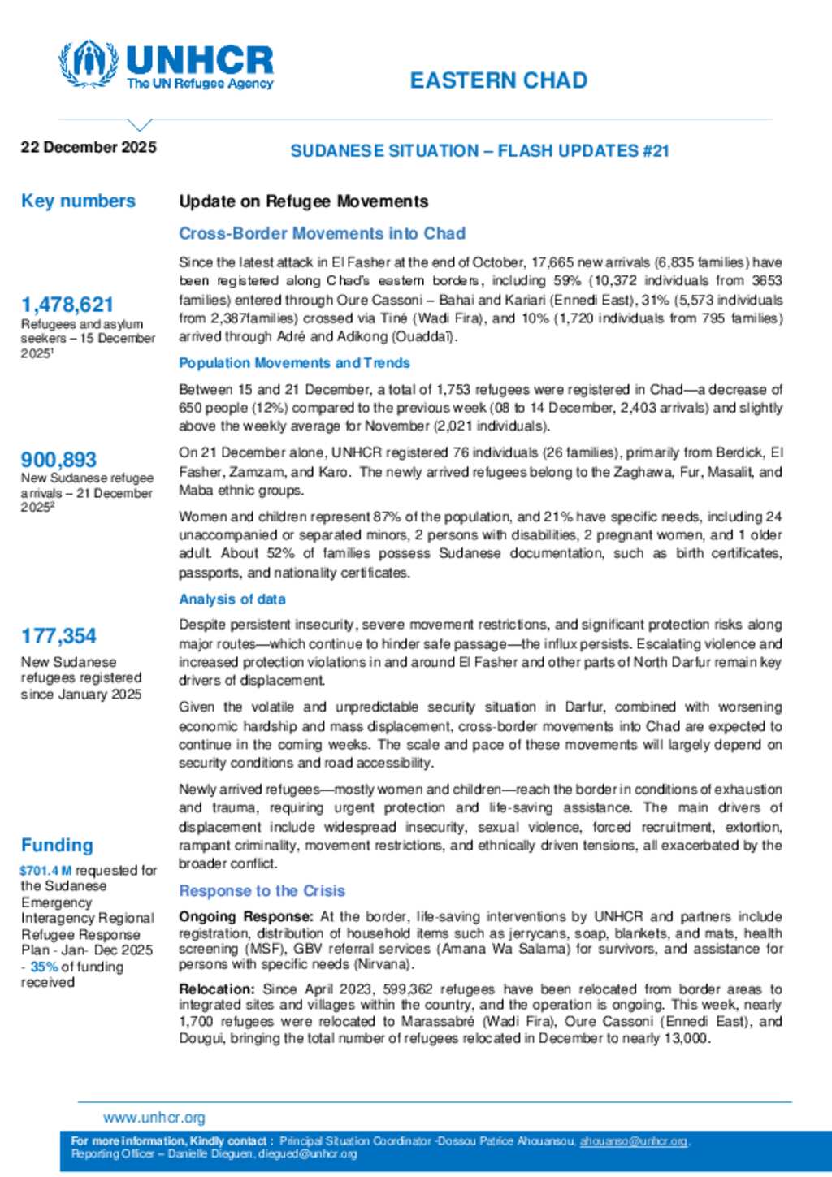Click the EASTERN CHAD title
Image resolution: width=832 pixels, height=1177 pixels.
pos(498,80)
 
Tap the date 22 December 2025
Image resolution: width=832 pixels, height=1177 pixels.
pos(89,147)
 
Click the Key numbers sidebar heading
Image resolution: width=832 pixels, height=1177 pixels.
pos(78,201)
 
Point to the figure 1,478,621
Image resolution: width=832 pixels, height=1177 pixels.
pos(67,305)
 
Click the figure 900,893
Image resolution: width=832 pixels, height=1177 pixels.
pos(58,460)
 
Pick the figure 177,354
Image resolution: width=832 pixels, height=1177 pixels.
pos(58,636)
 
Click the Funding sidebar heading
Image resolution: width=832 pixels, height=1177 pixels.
pos(57,845)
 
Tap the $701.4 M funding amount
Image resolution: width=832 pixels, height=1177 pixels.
pos(45,871)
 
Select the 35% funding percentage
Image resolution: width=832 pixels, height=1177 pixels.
pos(44,967)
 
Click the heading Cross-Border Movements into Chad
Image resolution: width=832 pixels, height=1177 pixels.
pos(322,233)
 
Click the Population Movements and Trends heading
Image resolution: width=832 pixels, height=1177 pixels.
pos(294,363)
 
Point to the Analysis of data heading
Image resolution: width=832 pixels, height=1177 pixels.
pos(232,599)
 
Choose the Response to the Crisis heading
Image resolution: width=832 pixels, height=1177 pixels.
pos(262,891)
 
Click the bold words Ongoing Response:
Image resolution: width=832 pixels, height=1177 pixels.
pos(245,916)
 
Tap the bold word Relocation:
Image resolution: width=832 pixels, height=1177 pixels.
pos(217,989)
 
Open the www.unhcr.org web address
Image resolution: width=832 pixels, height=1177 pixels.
pos(154,1118)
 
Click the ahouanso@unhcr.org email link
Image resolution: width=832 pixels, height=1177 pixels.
pos(634,1141)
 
